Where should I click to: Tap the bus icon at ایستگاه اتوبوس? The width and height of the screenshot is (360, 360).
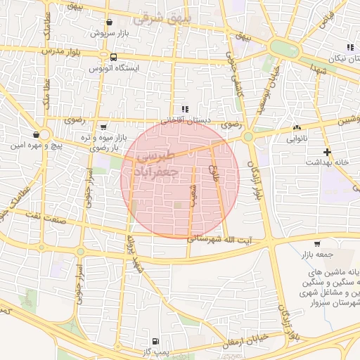tap(113, 58)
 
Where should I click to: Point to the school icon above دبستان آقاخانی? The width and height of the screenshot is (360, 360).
tap(185, 109)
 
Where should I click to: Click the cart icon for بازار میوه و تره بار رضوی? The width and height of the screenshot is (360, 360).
tap(104, 127)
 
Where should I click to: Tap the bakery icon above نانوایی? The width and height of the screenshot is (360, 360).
tap(296, 128)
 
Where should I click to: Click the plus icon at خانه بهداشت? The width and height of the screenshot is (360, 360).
tap(327, 151)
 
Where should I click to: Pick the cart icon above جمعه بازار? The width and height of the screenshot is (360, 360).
tap(318, 241)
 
